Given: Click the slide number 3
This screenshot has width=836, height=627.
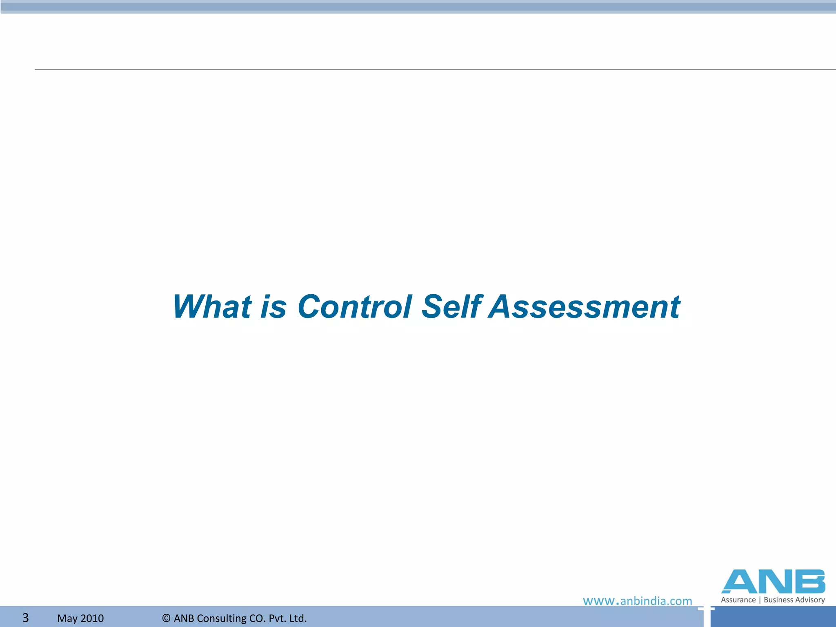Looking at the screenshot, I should click(x=25, y=618).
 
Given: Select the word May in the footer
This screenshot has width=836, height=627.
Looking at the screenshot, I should click(x=67, y=618).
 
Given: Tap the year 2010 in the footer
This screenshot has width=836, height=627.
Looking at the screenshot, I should click(x=92, y=618).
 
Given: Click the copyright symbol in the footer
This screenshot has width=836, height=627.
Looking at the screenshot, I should click(x=166, y=618).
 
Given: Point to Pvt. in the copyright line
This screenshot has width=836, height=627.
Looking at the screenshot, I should click(x=276, y=618).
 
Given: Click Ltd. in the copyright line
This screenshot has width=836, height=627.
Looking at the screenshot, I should click(x=296, y=618).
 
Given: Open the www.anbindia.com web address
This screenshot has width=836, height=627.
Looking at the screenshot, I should click(x=637, y=601).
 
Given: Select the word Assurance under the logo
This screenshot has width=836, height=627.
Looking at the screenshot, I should click(x=738, y=600).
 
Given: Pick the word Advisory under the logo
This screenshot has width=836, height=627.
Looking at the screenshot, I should click(x=810, y=600).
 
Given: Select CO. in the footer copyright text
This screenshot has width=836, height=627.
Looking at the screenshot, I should click(x=258, y=618).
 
